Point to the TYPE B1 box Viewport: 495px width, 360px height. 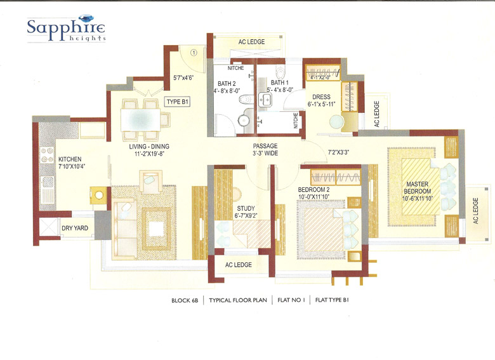[178, 102]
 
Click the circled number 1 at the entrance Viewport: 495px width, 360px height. [195, 53]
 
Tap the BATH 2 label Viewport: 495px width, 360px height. [227, 86]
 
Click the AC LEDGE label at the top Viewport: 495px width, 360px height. [251, 42]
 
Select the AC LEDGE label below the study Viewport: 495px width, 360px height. [239, 264]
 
